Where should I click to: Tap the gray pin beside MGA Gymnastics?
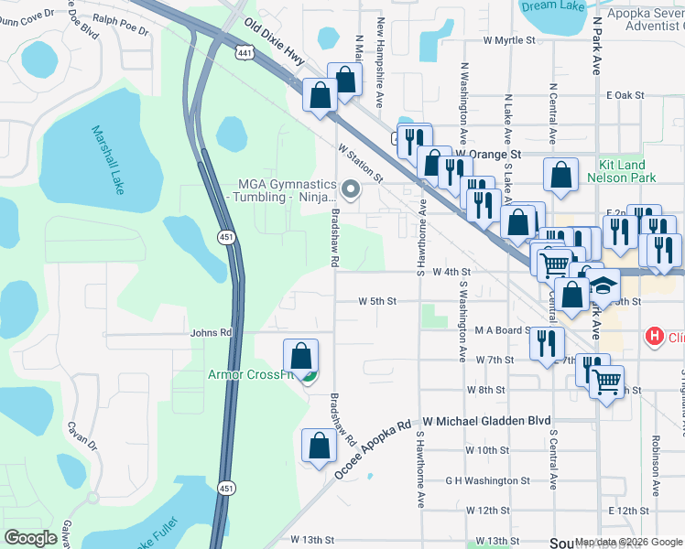pyautogui.click(x=349, y=189)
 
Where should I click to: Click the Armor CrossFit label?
pyautogui.click(x=251, y=373)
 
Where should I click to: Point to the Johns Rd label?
pyautogui.click(x=212, y=333)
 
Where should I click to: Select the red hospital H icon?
pyautogui.click(x=654, y=337)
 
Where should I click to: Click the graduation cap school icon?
pyautogui.click(x=603, y=285)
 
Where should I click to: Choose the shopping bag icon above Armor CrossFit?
pyautogui.click(x=300, y=354)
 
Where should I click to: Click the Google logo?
pyautogui.click(x=31, y=538)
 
